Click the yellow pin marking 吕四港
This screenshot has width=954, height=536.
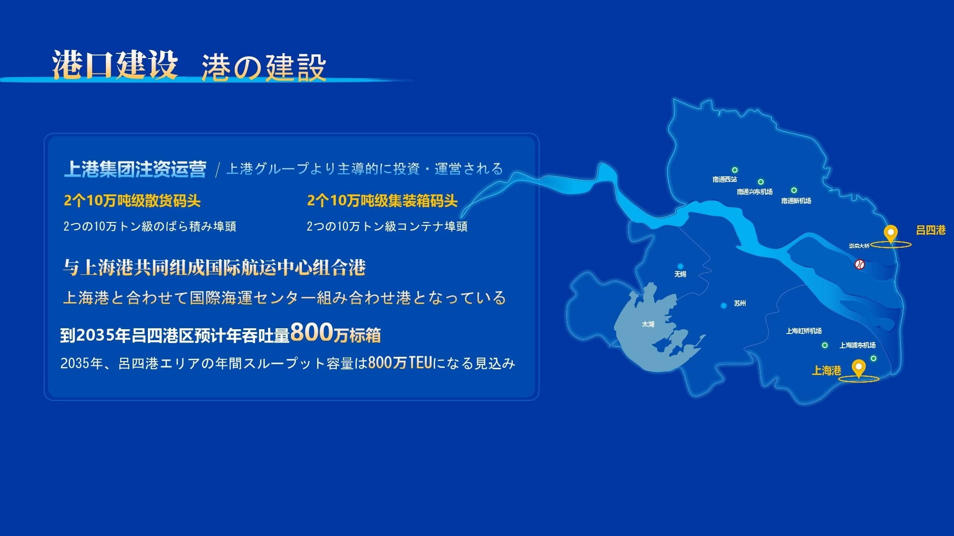click(891, 233)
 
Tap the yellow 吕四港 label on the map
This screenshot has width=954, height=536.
click(931, 230)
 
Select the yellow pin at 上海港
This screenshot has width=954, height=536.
click(859, 368)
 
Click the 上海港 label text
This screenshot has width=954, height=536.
click(827, 370)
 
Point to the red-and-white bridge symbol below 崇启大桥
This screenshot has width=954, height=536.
click(860, 264)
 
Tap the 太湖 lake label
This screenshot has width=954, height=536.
click(648, 324)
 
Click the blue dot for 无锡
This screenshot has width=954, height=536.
click(680, 266)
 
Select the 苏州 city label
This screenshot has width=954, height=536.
click(740, 303)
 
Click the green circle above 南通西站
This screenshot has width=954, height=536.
click(735, 170)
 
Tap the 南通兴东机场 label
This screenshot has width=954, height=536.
click(755, 192)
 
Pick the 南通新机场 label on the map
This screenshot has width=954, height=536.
click(796, 201)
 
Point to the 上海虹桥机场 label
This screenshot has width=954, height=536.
click(804, 331)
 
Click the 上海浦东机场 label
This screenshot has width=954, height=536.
click(858, 345)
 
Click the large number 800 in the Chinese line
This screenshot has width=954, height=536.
click(311, 332)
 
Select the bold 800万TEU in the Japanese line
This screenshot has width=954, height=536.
click(400, 363)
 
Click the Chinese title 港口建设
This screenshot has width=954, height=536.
click(115, 64)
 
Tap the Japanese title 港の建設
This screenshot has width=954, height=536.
click(264, 67)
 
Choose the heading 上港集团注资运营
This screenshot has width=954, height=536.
click(135, 169)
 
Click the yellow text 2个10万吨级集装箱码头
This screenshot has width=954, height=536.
click(382, 201)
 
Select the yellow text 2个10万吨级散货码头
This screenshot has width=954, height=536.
click(132, 201)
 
